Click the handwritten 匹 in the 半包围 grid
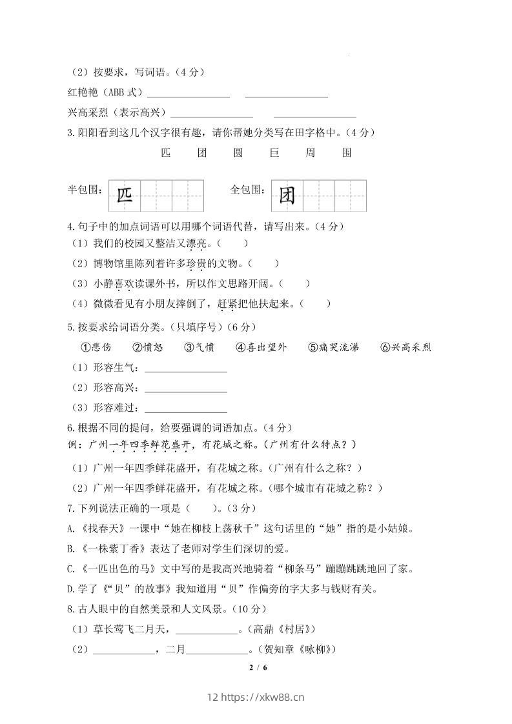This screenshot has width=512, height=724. [124, 196]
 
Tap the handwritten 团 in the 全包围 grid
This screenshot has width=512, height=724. [287, 196]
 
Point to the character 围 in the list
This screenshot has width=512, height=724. [347, 153]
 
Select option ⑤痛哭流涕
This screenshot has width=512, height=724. [333, 347]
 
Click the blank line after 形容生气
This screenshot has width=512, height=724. [186, 370]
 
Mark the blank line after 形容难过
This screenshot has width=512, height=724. [186, 410]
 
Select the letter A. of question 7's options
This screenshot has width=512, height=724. [72, 528]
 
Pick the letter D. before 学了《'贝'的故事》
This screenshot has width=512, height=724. [72, 588]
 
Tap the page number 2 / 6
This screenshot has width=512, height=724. [258, 667]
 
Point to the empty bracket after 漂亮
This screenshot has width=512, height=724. [232, 243]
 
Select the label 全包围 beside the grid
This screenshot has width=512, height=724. [248, 190]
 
